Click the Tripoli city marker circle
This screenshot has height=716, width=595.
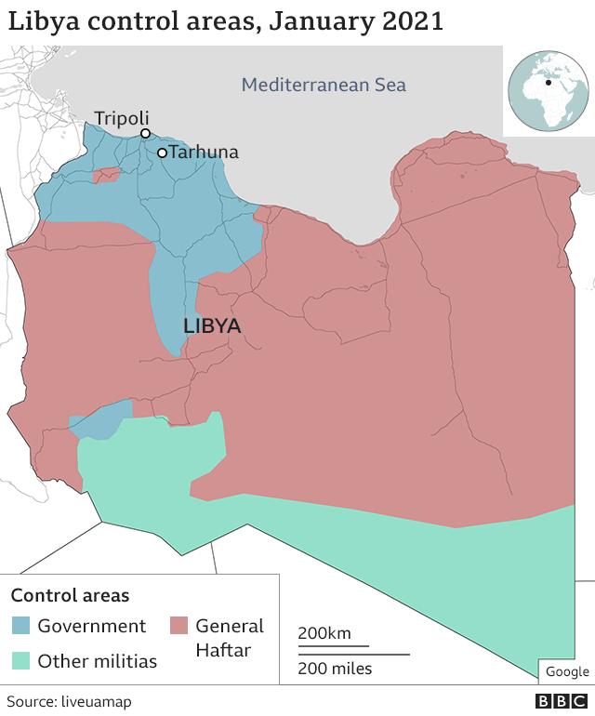(x=145, y=134)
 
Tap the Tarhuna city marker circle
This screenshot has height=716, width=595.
(x=162, y=152)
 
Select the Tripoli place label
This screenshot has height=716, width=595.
(x=121, y=118)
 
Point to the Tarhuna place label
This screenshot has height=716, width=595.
(x=204, y=152)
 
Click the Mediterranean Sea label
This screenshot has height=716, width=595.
(x=324, y=85)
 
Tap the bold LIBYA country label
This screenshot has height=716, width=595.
(x=212, y=326)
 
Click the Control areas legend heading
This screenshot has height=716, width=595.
(x=70, y=595)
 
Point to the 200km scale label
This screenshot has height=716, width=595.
(x=324, y=633)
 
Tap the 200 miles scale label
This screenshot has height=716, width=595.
(x=335, y=668)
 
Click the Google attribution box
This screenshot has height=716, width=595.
(x=566, y=671)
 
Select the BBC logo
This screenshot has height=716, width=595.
(x=562, y=701)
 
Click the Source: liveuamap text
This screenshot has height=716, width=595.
(x=69, y=701)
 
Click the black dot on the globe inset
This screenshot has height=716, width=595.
(x=549, y=83)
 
